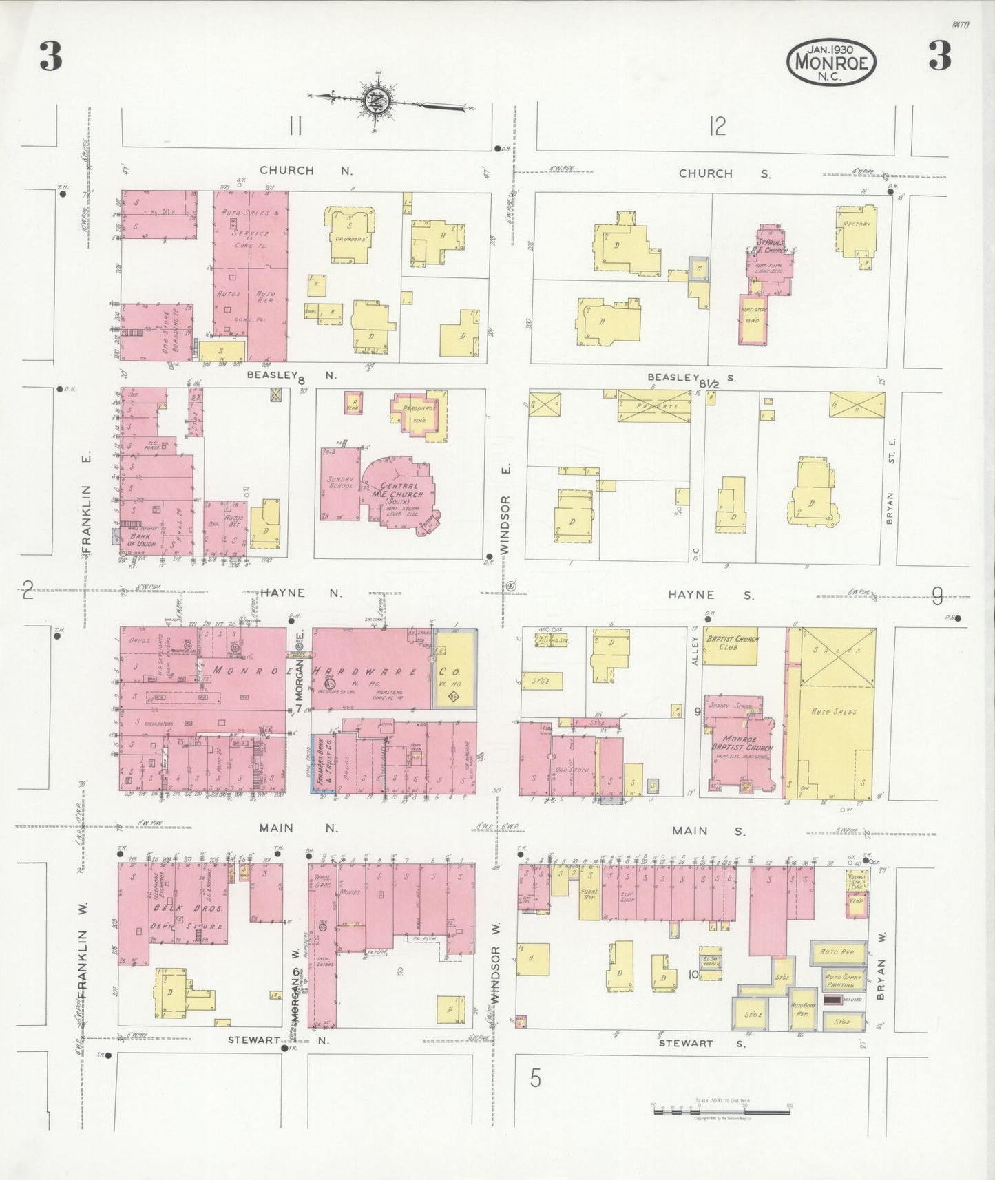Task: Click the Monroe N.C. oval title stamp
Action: (832, 61)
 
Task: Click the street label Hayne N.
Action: (300, 592)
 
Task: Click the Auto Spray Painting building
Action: (844, 980)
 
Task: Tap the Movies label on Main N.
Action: (350, 892)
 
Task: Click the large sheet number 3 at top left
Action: (50, 56)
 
